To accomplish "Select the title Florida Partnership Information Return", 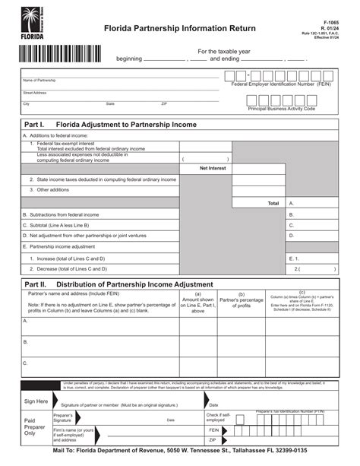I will coord(180,28).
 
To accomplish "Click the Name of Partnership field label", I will coord(39,80).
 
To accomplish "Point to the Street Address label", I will coord(35,93).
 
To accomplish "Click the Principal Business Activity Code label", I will coord(281,109).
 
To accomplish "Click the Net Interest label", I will coord(213,167).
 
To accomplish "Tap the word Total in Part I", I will coord(273,203).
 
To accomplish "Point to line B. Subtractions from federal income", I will coord(61,214).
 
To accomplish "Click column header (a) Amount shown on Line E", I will coord(197,302).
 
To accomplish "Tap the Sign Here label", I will coord(36,401).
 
